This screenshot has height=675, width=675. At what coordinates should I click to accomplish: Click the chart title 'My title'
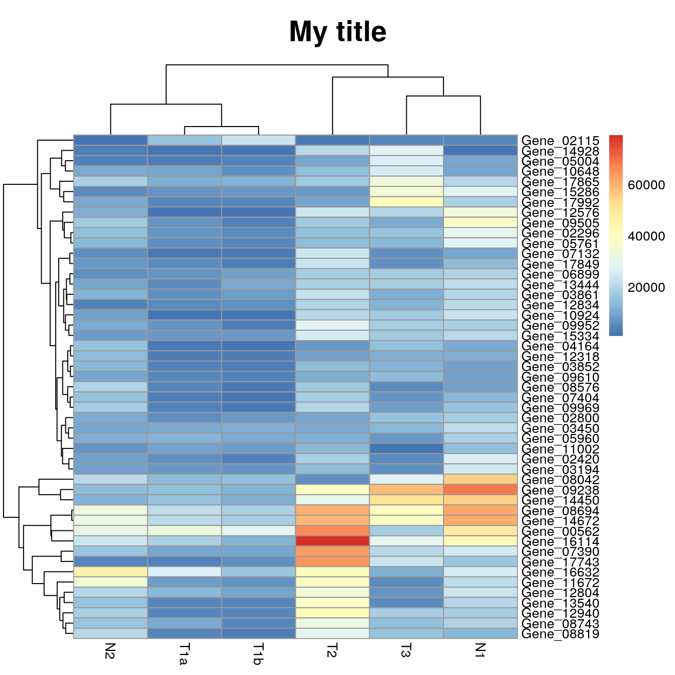click(x=338, y=32)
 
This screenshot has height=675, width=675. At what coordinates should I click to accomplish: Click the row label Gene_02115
click(x=560, y=141)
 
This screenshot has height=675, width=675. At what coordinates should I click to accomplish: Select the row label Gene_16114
click(x=560, y=541)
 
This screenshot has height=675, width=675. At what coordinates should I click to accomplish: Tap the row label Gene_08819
click(x=560, y=634)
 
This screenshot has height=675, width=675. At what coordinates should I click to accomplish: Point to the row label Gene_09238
click(x=560, y=490)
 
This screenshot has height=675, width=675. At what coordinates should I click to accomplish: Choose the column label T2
click(x=332, y=650)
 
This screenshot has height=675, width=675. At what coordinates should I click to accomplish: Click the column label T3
click(x=406, y=650)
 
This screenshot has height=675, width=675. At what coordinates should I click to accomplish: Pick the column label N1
click(x=480, y=650)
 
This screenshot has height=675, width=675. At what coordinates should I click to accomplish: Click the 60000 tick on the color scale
click(x=646, y=185)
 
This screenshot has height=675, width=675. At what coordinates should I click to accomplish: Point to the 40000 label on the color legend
click(x=646, y=237)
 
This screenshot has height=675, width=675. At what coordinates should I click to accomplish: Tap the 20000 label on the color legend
click(x=646, y=287)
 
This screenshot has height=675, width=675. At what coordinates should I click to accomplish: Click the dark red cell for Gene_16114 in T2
click(x=332, y=541)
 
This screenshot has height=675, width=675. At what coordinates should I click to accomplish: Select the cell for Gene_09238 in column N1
click(x=480, y=490)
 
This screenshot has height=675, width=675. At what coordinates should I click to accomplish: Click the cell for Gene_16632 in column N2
click(x=110, y=572)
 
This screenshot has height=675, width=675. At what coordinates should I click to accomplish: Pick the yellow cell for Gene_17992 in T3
click(x=406, y=202)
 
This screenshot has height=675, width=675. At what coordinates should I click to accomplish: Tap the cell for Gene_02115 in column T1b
click(x=258, y=140)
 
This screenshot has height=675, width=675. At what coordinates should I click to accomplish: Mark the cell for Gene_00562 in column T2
click(x=332, y=531)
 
